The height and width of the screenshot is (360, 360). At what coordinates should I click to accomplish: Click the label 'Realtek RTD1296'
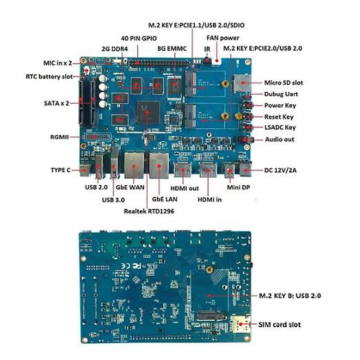point(149,211)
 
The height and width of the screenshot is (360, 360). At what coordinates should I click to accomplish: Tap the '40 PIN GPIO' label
point(139,38)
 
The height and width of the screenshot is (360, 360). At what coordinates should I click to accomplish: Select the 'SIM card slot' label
point(279,325)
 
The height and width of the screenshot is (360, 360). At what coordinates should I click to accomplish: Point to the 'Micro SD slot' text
point(283,82)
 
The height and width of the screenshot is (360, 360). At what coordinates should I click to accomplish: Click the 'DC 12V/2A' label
point(280,170)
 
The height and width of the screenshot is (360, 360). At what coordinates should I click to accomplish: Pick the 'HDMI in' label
point(209,199)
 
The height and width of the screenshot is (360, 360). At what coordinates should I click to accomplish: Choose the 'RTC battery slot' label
point(49,76)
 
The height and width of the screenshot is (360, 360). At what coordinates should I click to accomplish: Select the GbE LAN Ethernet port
point(159,166)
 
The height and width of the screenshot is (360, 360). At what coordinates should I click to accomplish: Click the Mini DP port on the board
point(230,171)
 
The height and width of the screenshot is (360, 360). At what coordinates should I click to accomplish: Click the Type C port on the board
point(85,171)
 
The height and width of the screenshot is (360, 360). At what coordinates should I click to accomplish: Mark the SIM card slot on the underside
point(240,324)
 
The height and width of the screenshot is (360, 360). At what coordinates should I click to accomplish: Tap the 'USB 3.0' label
point(113,200)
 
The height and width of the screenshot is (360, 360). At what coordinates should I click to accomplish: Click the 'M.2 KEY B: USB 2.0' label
point(290,295)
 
